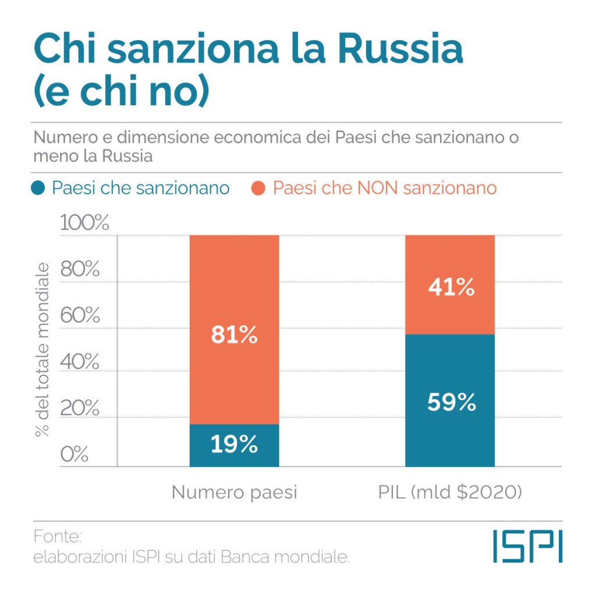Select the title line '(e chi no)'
point(120,93)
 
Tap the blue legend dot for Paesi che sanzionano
point(39,189)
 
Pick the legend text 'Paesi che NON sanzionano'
point(384,189)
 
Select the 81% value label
point(234,335)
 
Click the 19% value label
point(234,445)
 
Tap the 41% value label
point(450,286)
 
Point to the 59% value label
point(450,403)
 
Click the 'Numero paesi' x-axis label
point(234,492)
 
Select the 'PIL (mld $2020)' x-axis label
point(450,492)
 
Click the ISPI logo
point(527,546)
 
